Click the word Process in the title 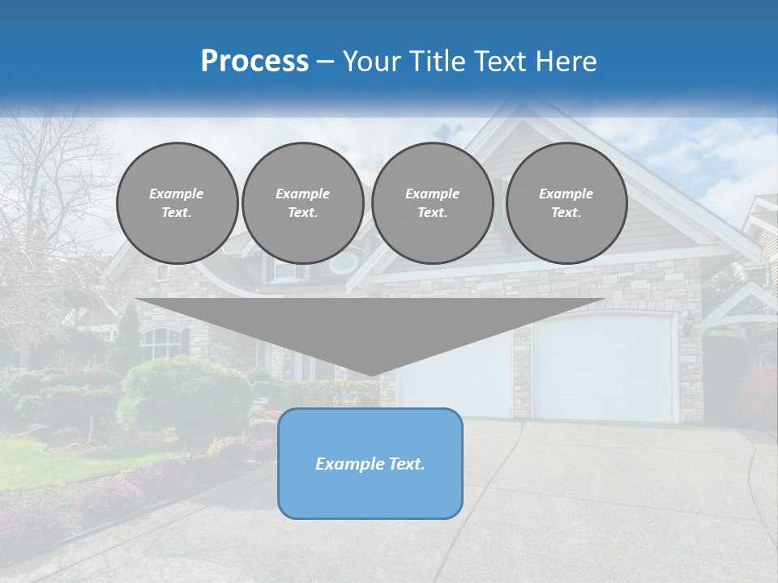coord(254,62)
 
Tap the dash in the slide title coord(325,62)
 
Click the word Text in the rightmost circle coord(566,212)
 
